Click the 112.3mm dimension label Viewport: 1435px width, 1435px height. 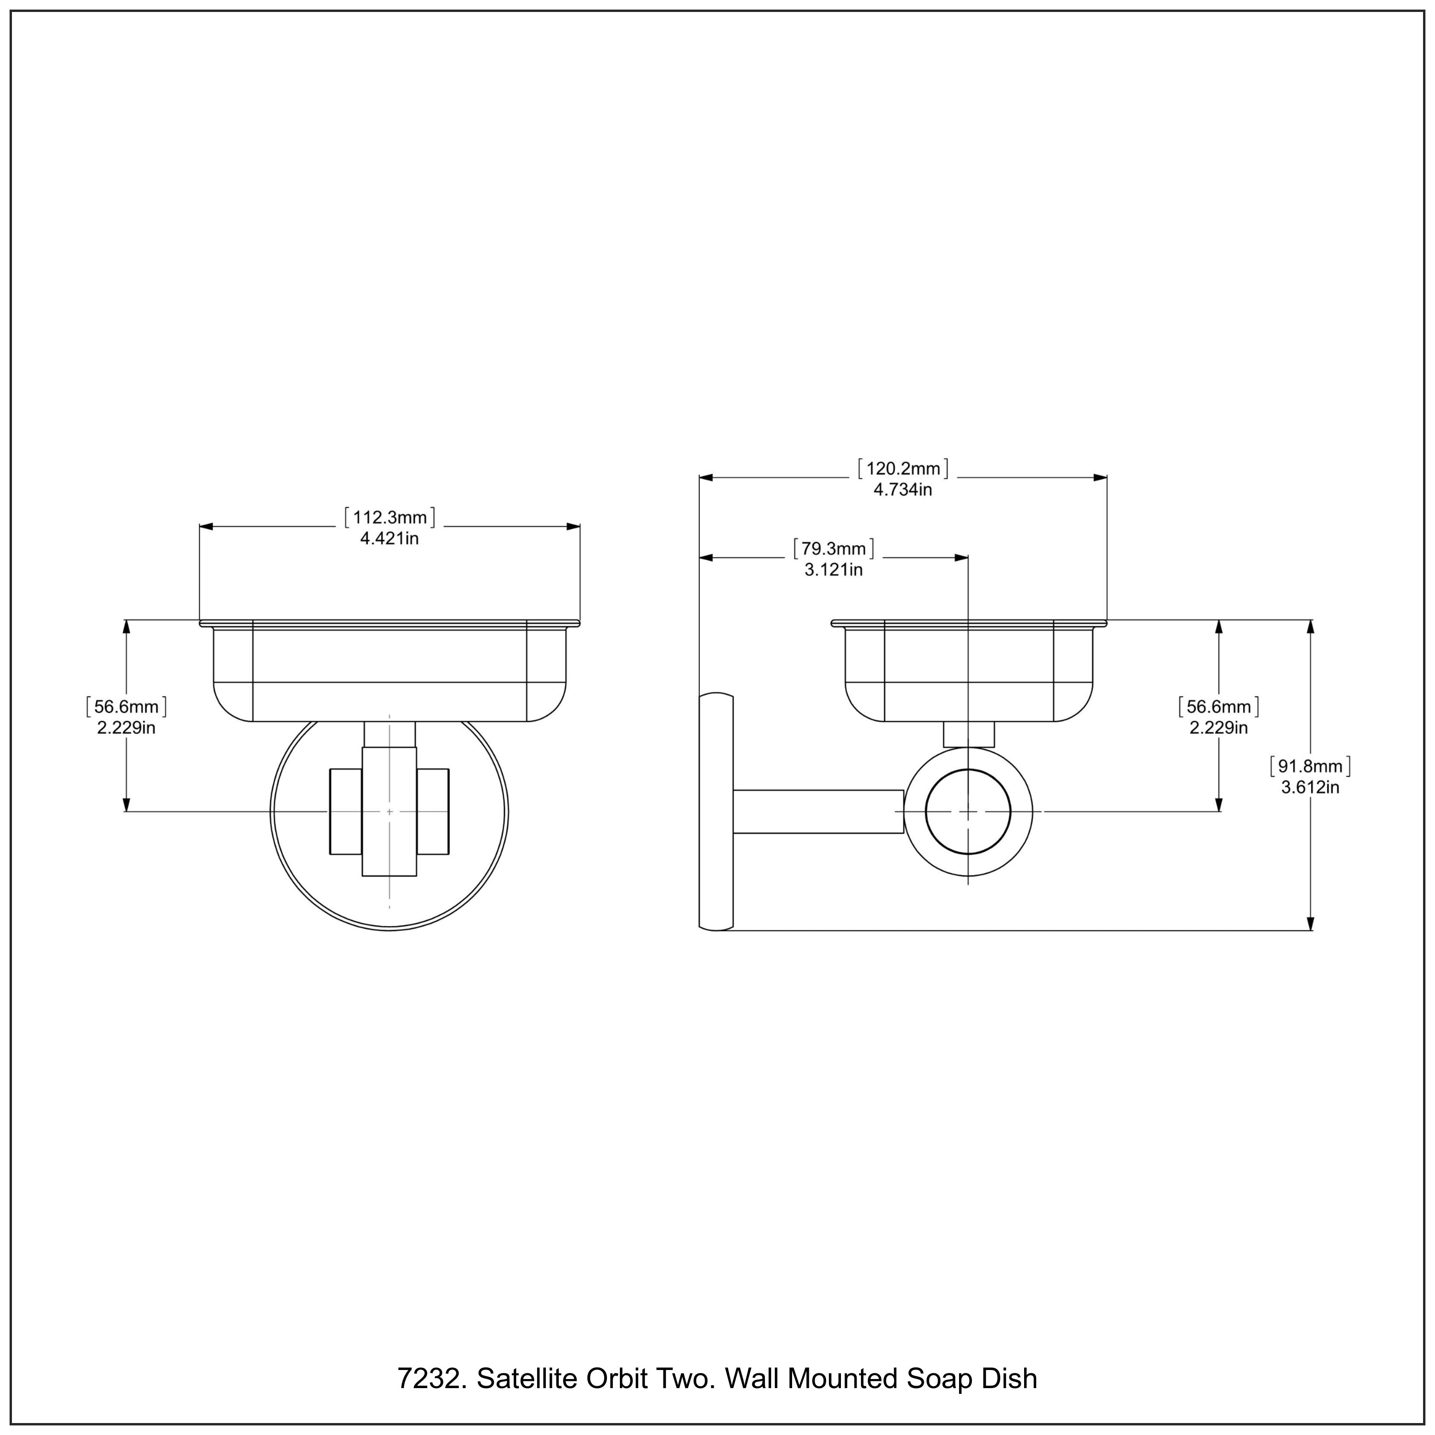(389, 518)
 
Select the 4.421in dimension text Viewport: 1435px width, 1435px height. (389, 539)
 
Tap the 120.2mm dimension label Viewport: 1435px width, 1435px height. (903, 469)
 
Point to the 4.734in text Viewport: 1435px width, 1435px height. (903, 489)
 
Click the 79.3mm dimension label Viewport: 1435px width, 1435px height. (833, 549)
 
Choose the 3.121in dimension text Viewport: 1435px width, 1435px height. (833, 570)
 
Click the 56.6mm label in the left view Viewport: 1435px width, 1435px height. (126, 706)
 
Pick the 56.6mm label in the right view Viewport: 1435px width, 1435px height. (1218, 706)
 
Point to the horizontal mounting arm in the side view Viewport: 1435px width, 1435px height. (817, 812)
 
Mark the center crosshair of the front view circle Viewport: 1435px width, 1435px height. (389, 812)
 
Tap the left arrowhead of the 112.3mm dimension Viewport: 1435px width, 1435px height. (206, 527)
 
